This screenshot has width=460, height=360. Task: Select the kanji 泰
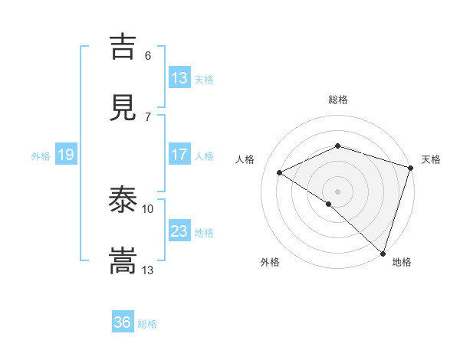tap(123, 200)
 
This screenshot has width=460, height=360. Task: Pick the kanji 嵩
tap(123, 261)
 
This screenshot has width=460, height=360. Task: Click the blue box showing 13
tap(179, 78)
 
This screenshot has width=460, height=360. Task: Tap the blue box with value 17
tap(179, 155)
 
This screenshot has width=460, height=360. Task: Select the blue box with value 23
tap(179, 231)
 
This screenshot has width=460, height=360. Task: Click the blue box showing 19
tap(66, 155)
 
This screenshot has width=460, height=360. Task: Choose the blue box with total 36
tap(123, 322)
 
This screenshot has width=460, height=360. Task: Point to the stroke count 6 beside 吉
tap(148, 55)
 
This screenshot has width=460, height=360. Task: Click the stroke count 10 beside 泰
tap(148, 208)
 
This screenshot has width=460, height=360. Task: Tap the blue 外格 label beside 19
tap(41, 156)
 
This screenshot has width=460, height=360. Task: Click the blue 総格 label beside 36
tap(148, 324)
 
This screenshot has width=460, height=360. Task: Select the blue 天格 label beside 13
tap(204, 80)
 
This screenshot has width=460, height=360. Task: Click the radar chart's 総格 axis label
tap(338, 100)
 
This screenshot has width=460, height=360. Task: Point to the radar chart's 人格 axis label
tap(245, 159)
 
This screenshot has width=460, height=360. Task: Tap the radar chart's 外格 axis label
tap(270, 262)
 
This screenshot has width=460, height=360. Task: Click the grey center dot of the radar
tap(337, 191)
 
